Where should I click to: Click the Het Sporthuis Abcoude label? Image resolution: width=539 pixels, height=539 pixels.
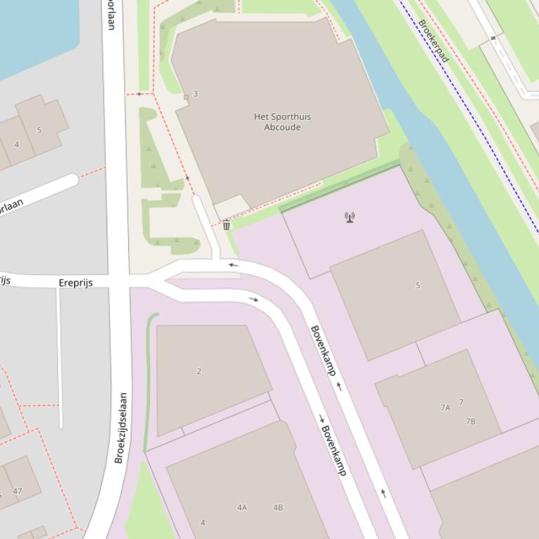(282, 122)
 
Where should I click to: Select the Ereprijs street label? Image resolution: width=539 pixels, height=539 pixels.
(76, 283)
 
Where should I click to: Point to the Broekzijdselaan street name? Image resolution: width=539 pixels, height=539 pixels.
(121, 427)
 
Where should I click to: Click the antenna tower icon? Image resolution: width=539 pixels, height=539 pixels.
(350, 217)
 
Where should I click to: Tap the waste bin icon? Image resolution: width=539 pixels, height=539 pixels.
(226, 225)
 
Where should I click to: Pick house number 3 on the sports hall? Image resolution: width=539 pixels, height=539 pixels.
(196, 94)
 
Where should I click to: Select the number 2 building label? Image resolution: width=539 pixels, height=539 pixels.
(199, 371)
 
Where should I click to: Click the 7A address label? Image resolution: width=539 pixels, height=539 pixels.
(445, 407)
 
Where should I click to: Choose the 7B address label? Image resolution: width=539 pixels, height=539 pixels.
(470, 421)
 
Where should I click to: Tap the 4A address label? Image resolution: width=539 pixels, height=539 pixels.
(242, 507)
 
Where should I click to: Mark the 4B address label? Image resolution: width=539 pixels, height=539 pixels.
(278, 507)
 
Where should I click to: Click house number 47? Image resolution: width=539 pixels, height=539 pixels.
(17, 491)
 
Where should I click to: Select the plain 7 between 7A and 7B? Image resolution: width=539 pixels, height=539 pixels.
(460, 402)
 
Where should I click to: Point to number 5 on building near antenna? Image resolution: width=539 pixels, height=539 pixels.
(418, 285)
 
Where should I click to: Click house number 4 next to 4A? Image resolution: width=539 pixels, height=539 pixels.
(203, 522)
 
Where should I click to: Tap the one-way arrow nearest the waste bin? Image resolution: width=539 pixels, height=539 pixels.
(233, 265)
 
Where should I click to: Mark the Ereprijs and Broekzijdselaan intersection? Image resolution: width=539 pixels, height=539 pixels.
(118, 281)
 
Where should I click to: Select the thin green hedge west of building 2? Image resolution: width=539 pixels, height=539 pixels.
(148, 381)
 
